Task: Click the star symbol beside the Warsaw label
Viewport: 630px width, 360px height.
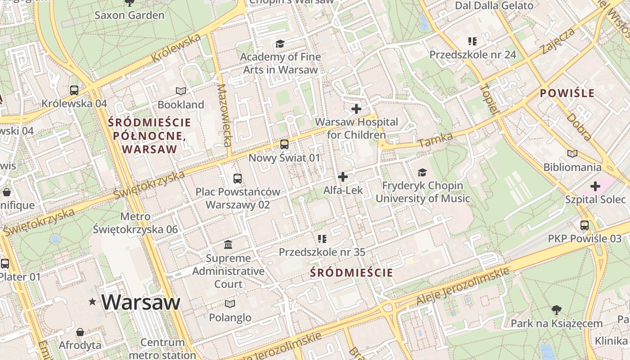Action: tap(93, 301)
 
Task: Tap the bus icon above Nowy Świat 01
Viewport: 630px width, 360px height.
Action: tap(284, 144)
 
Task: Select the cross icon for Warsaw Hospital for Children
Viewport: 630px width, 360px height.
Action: tap(356, 109)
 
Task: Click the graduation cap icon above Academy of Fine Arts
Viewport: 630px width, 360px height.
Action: tap(280, 44)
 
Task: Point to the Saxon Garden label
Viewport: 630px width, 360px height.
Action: tap(129, 15)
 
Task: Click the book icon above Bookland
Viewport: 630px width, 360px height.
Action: tap(181, 91)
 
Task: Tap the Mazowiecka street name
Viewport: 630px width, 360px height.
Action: tap(224, 115)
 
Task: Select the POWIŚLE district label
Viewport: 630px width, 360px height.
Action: tap(567, 94)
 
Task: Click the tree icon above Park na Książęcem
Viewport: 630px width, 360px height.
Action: tap(557, 310)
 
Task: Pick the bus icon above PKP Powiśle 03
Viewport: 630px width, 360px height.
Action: tap(585, 225)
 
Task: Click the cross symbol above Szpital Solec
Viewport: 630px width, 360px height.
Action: tap(595, 186)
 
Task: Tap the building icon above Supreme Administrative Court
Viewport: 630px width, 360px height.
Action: tap(228, 245)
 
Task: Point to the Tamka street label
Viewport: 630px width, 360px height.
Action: tap(435, 140)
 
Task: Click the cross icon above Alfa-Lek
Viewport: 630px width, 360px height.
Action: tap(343, 177)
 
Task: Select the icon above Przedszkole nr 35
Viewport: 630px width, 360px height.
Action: tap(322, 238)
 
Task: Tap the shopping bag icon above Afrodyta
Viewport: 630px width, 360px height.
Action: tap(80, 332)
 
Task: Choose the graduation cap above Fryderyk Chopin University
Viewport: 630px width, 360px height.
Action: tap(422, 172)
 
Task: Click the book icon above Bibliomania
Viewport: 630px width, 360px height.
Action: tap(572, 154)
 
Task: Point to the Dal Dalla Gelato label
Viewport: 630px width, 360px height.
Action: tap(494, 5)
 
